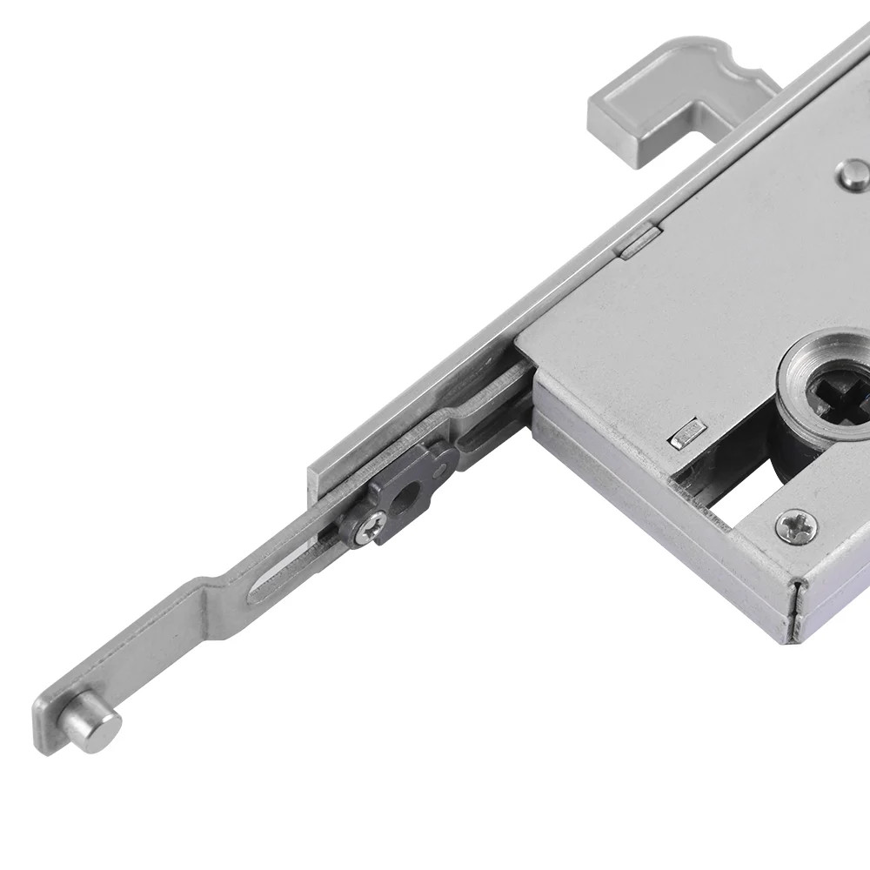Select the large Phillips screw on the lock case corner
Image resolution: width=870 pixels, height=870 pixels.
(x=797, y=525)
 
